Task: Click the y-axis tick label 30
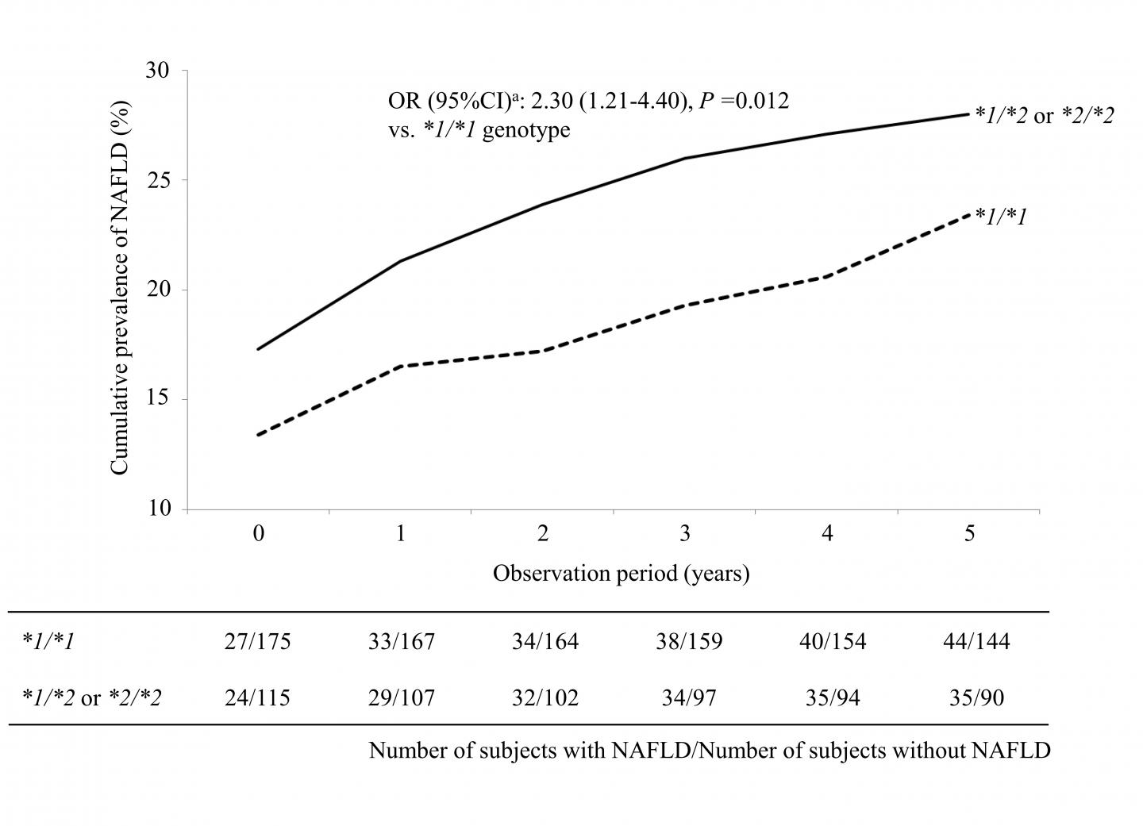pos(158,71)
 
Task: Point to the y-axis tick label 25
pos(158,180)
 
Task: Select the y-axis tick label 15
pos(158,399)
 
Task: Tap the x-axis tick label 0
pos(259,533)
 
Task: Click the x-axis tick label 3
pos(685,533)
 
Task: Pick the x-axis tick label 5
pos(969,533)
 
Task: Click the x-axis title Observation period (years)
pos(621,573)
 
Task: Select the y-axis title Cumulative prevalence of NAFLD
pos(119,289)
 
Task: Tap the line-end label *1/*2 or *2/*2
pos(1044,116)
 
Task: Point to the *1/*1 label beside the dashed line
pos(1001,215)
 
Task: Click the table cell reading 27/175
pos(257,641)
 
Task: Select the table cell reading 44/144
pos(976,641)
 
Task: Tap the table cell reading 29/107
pos(402,698)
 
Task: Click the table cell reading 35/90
pos(976,698)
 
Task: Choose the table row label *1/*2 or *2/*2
pos(91,698)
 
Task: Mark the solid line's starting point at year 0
pos(259,349)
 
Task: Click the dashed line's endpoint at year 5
pos(968,213)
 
